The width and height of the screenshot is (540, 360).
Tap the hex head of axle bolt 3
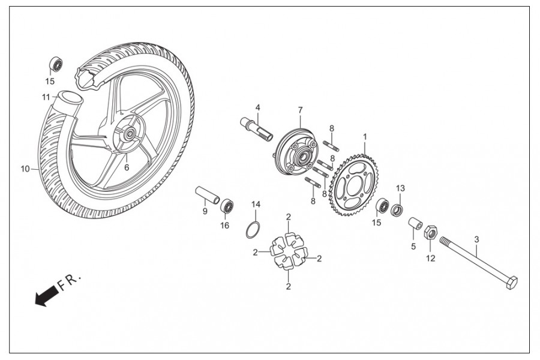(511, 283)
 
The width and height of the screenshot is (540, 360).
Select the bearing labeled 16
(227, 206)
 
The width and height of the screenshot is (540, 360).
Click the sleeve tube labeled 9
(207, 196)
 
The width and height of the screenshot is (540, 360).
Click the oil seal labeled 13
(397, 210)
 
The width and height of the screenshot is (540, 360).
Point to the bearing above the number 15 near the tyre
(56, 64)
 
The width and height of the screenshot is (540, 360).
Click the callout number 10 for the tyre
(25, 169)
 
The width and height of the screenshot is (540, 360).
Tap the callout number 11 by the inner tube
(46, 97)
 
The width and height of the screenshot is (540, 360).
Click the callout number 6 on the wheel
(127, 168)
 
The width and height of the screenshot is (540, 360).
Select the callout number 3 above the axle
(476, 239)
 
